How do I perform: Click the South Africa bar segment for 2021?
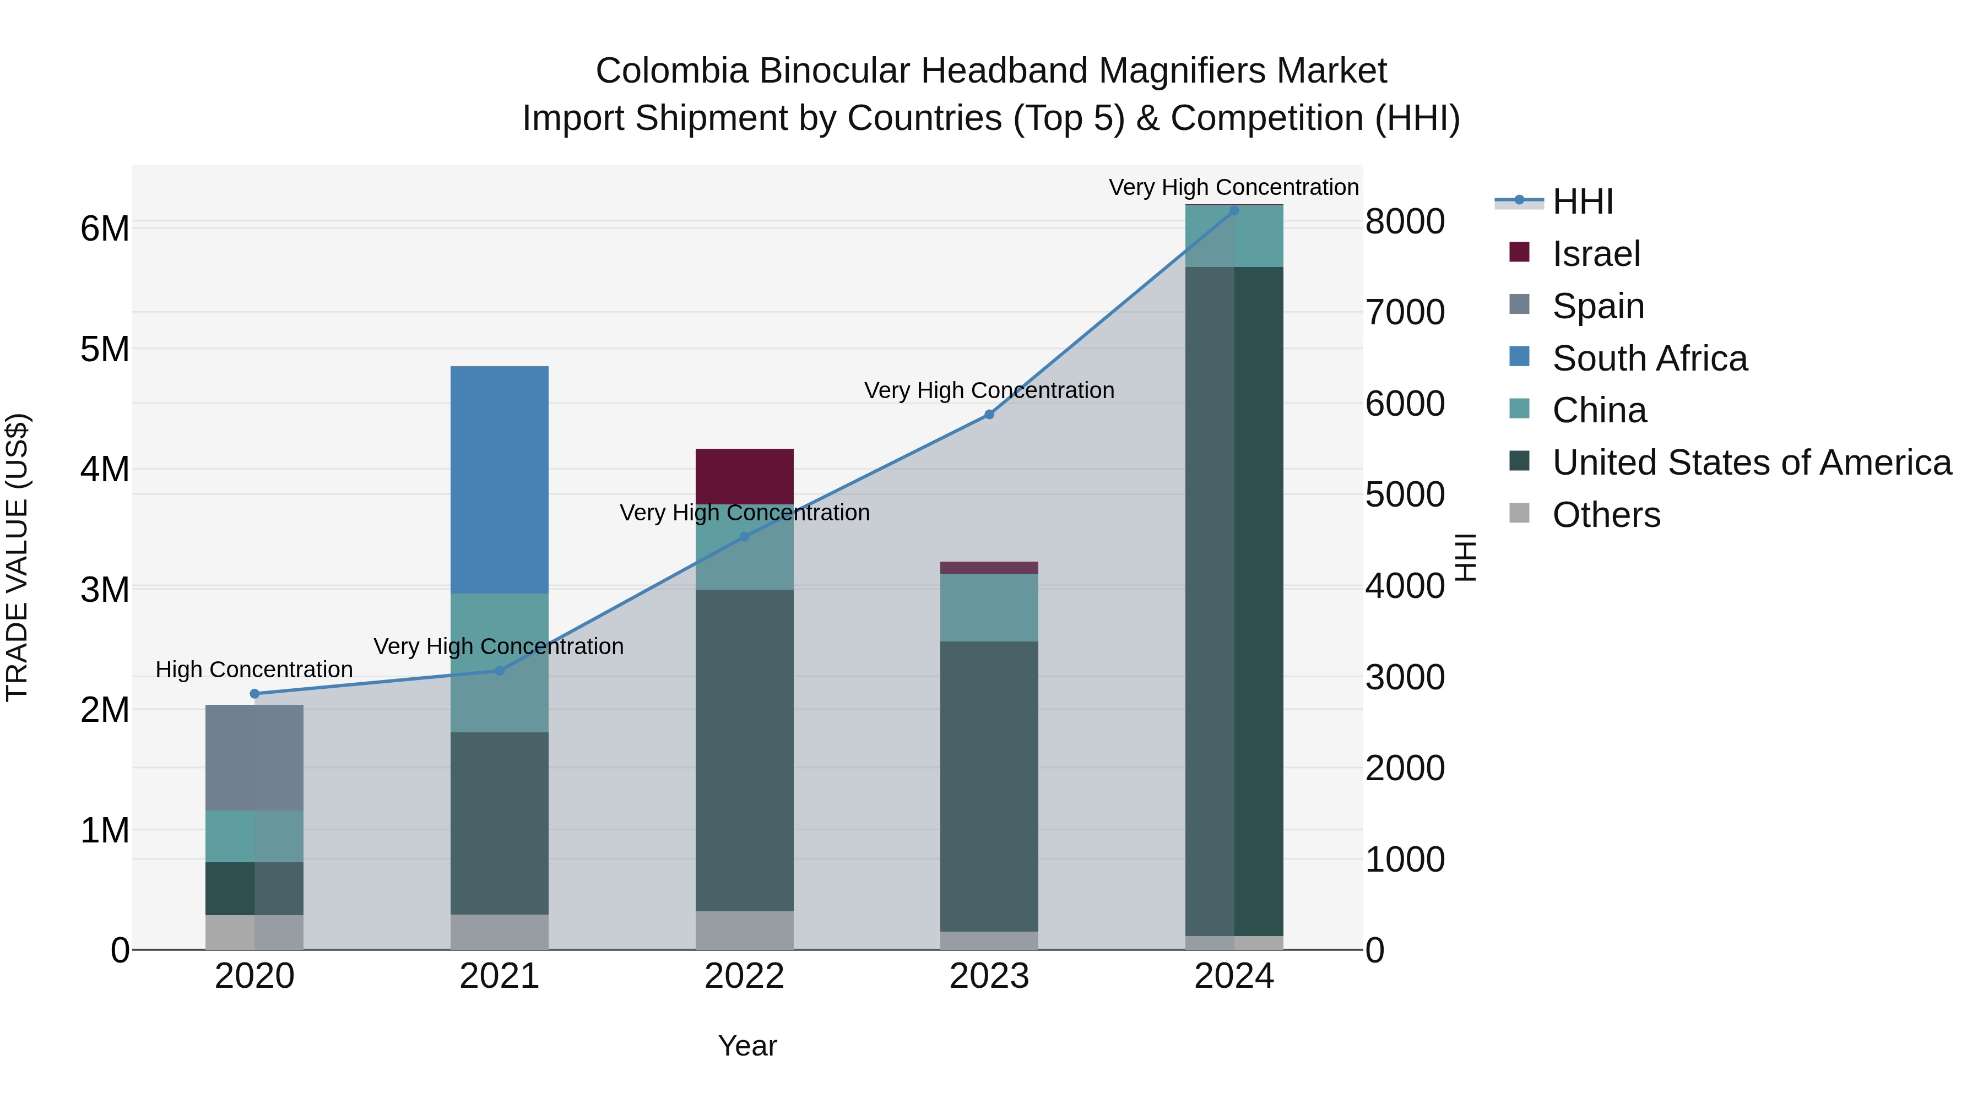pyautogui.click(x=499, y=480)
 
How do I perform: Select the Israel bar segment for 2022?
pyautogui.click(x=744, y=476)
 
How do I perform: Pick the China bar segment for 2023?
pyautogui.click(x=989, y=607)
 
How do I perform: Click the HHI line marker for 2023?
pyautogui.click(x=989, y=415)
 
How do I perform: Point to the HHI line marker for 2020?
pyautogui.click(x=255, y=693)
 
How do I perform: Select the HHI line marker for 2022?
pyautogui.click(x=744, y=537)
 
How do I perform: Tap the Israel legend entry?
pyautogui.click(x=1596, y=254)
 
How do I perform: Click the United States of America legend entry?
pyautogui.click(x=1751, y=463)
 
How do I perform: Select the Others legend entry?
pyautogui.click(x=1606, y=515)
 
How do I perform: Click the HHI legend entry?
pyautogui.click(x=1583, y=202)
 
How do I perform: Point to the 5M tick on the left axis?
pyautogui.click(x=105, y=349)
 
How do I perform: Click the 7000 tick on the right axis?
pyautogui.click(x=1405, y=312)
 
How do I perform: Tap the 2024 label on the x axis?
pyautogui.click(x=1234, y=976)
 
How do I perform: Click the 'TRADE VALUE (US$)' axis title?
pyautogui.click(x=17, y=557)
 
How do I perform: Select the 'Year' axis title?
pyautogui.click(x=747, y=1046)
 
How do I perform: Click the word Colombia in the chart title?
pyautogui.click(x=671, y=71)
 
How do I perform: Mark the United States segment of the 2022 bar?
pyautogui.click(x=744, y=750)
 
